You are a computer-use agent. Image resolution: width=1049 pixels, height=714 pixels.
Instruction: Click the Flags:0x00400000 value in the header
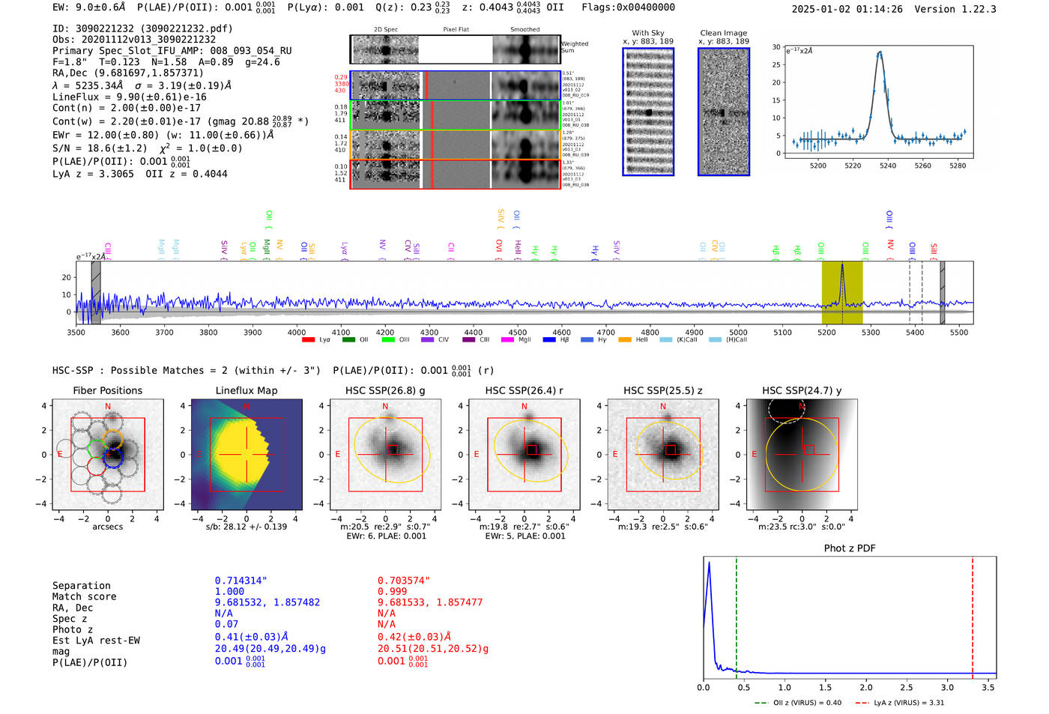pos(628,7)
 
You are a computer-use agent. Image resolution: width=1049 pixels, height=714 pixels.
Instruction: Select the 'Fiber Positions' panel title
pos(107,390)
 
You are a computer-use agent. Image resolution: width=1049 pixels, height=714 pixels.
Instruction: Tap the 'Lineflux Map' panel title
pos(247,390)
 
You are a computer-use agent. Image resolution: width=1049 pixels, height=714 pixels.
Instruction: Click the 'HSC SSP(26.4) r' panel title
pos(524,390)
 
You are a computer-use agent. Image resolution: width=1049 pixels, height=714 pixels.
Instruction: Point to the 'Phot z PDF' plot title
pos(850,548)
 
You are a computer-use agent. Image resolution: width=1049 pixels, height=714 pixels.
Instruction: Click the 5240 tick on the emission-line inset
pos(888,166)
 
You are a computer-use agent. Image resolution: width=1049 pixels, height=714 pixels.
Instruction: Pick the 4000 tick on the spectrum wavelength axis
pos(297,333)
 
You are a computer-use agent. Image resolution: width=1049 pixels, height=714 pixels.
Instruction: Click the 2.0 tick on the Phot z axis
pos(866,687)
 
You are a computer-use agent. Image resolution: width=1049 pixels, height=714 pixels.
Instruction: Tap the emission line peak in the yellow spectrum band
pos(842,266)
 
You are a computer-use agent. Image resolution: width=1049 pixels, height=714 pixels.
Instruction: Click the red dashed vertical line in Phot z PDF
pos(973,614)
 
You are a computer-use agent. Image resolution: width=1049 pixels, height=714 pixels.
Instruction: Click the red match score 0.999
pos(393,592)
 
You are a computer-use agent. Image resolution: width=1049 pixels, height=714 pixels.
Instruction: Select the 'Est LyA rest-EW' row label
pos(96,641)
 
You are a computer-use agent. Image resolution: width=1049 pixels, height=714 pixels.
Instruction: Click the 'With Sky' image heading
pos(648,33)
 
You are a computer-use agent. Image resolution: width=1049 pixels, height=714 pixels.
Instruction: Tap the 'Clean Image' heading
pos(723,33)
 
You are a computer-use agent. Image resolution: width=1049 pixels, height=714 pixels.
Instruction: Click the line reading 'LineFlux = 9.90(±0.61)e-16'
pos(129,97)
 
